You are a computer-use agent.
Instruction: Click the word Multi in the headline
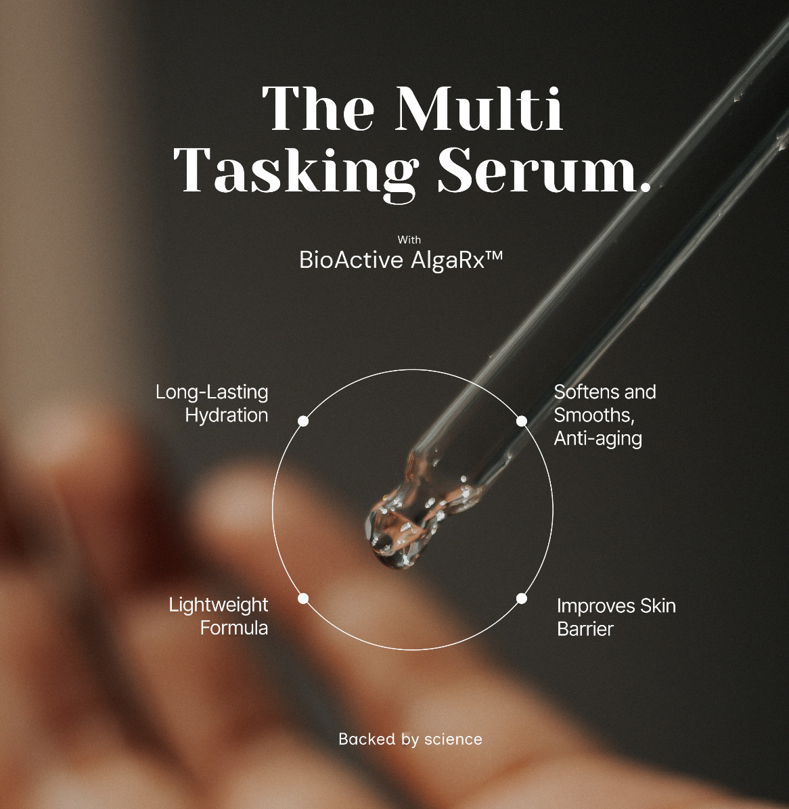click(481, 109)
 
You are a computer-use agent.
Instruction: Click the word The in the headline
click(318, 109)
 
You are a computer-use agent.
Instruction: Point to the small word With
click(409, 239)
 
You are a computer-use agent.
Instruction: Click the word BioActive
click(351, 260)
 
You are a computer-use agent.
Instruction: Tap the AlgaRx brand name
click(446, 260)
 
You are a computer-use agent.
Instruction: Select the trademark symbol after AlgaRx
click(494, 257)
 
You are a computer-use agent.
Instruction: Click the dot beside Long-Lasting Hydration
click(303, 421)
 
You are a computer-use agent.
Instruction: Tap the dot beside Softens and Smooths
click(522, 421)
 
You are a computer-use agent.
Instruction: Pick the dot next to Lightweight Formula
click(303, 598)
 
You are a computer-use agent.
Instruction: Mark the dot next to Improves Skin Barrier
click(522, 598)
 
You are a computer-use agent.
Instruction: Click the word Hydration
click(227, 415)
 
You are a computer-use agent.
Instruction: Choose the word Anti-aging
click(598, 439)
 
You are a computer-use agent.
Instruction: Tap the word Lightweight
click(219, 605)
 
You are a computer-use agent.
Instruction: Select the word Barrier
click(585, 629)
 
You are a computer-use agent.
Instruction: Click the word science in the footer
click(453, 739)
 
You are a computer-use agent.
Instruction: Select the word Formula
click(234, 628)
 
